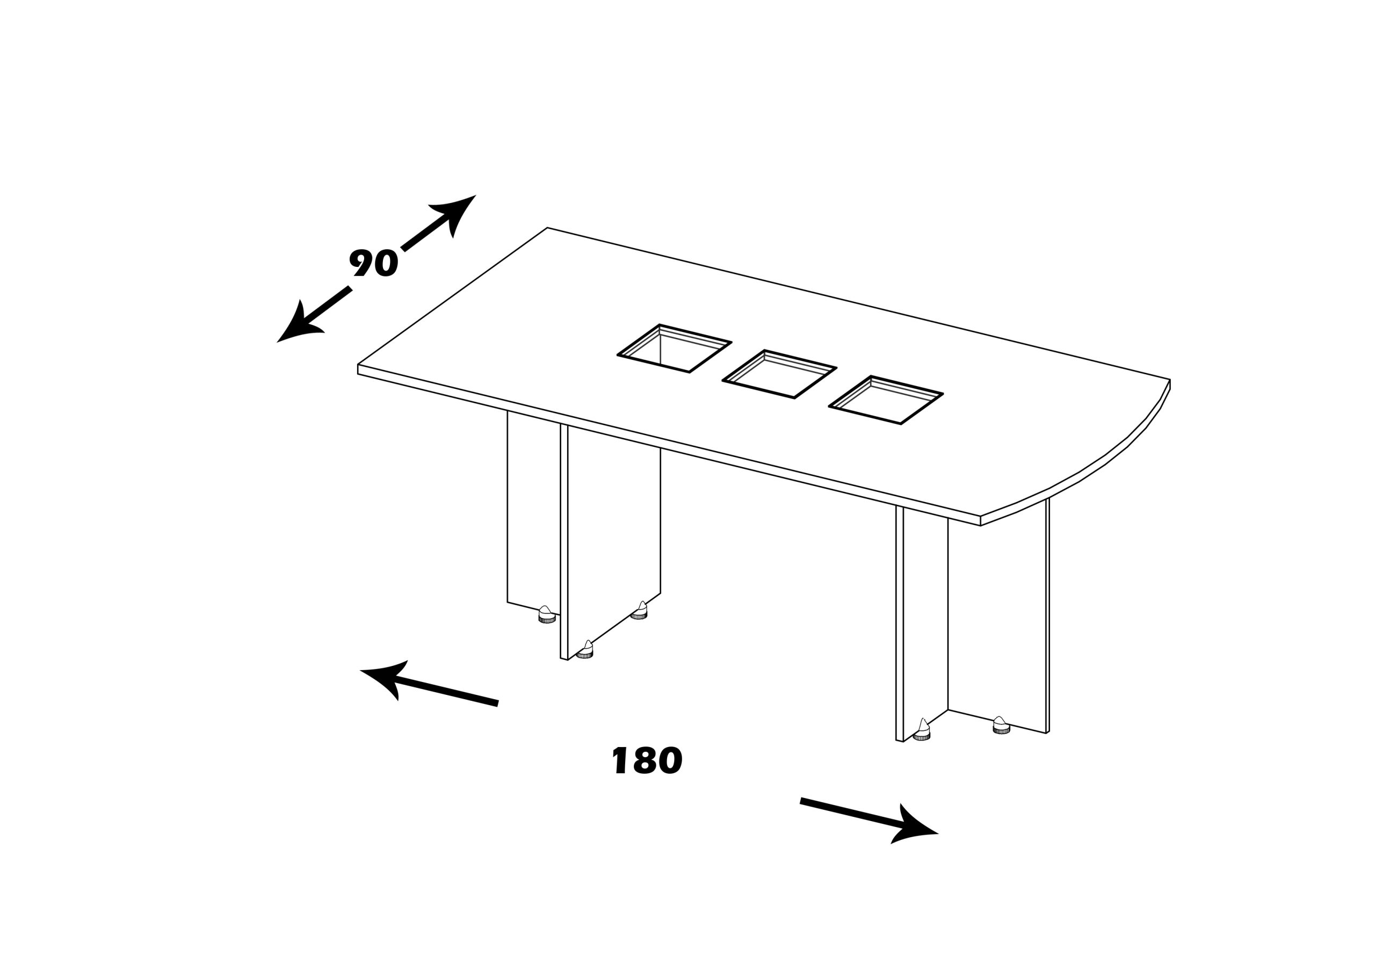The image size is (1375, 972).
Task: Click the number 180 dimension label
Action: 647,760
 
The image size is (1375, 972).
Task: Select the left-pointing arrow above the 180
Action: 428,687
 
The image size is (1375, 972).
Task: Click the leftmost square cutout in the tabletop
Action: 674,349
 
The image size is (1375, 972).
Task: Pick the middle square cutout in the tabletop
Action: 779,374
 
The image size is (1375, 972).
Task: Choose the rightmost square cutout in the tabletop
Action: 886,400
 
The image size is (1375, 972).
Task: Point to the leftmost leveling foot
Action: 547,615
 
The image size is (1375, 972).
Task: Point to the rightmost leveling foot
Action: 1001,726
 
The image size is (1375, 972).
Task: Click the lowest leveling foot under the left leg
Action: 584,650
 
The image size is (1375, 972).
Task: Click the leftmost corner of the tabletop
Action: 358,365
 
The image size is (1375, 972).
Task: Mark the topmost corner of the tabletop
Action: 547,228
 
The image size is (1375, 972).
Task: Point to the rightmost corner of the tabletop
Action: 1170,380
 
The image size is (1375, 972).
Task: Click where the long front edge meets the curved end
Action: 980,516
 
